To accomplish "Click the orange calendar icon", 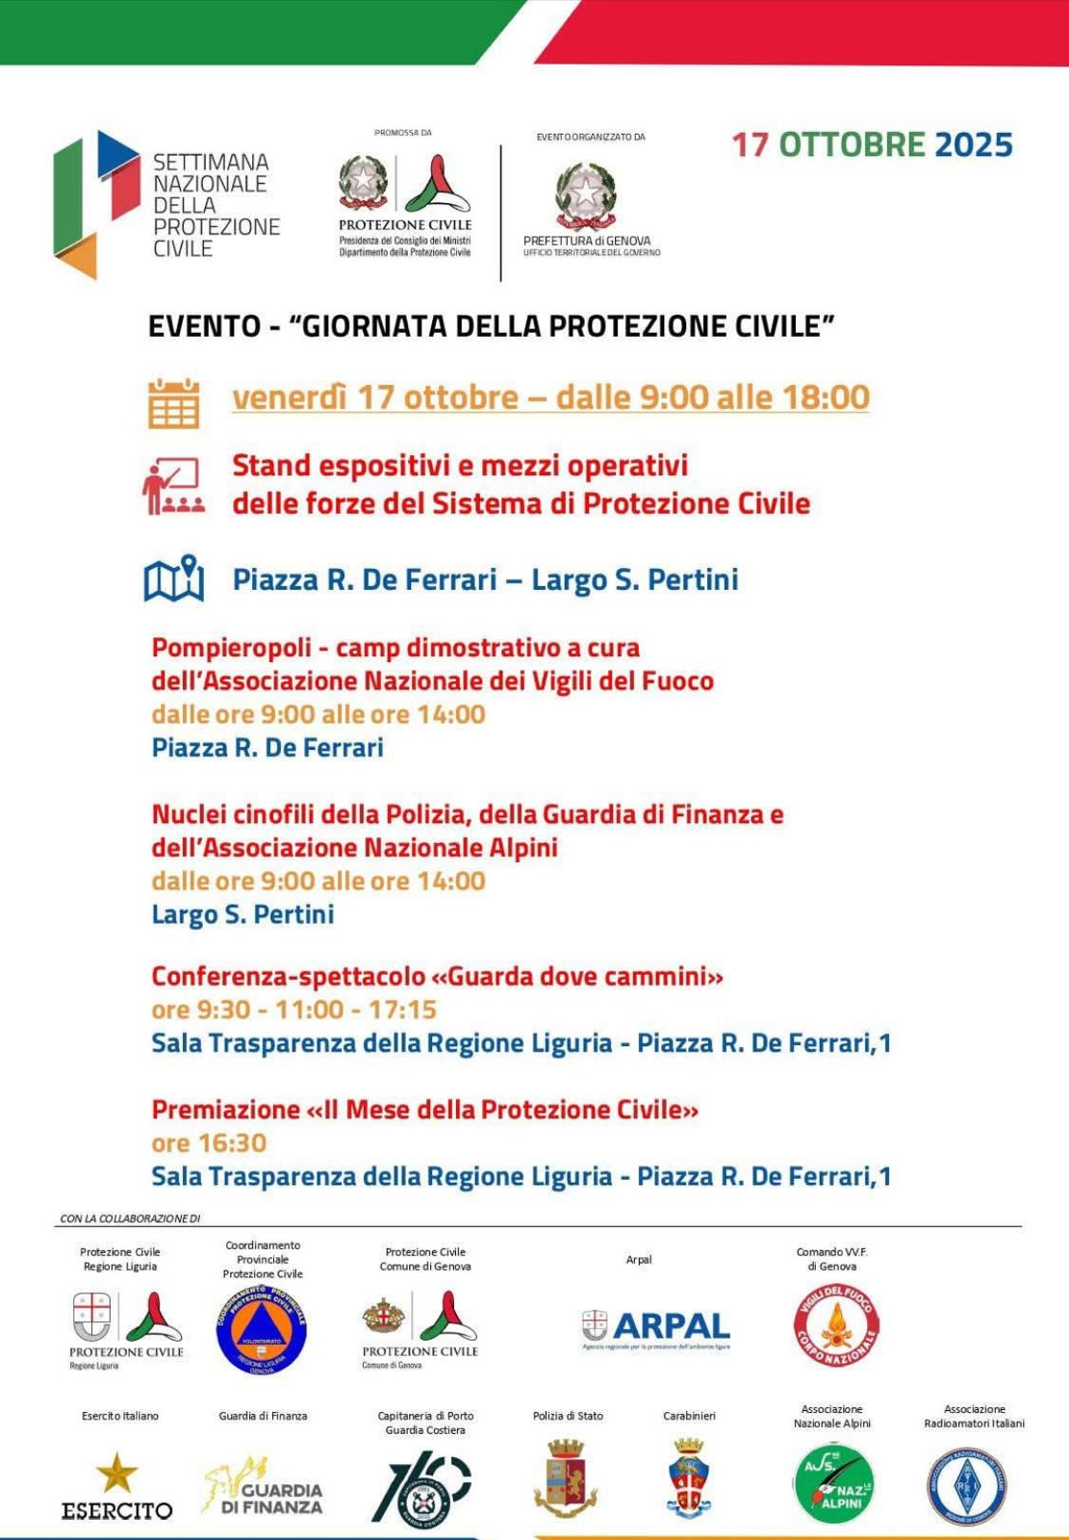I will pos(174,402).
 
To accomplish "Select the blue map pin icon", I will pos(174,578).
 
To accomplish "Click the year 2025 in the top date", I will pos(973,144).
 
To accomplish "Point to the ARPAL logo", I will pos(656,1328).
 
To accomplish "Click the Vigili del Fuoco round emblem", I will pos(835,1326).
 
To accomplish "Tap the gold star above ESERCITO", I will pos(117,1472).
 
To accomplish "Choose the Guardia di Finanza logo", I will pos(263,1487).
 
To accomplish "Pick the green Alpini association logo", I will pos(832,1483).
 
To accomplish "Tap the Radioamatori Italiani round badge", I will pos(966,1486).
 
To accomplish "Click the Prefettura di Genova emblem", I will pos(585,193).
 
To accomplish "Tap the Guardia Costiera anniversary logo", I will pos(422,1488).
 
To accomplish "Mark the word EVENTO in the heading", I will pos(204,326).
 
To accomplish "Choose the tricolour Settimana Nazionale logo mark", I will pos(96,203).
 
